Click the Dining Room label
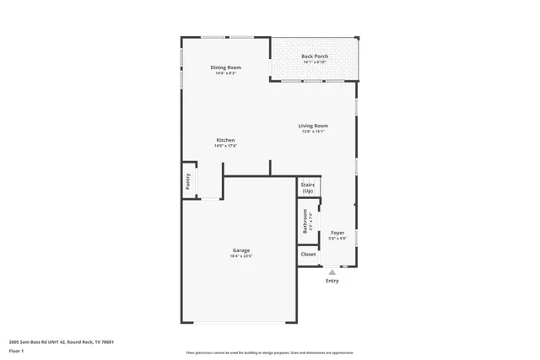[225, 67]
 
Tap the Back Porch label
[315, 56]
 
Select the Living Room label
[314, 126]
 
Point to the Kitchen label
[225, 140]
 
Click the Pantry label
[187, 182]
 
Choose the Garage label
[241, 250]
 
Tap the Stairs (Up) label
[307, 188]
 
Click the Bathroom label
[305, 221]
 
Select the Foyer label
[337, 233]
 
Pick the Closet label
[308, 254]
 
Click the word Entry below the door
[332, 281]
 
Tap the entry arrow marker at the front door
[332, 272]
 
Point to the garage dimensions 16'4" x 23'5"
[241, 256]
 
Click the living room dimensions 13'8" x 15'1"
[314, 132]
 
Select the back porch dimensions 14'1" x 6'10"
[315, 62]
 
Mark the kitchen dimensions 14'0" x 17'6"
[225, 146]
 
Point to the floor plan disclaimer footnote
[269, 352]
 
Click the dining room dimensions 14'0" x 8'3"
[225, 73]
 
